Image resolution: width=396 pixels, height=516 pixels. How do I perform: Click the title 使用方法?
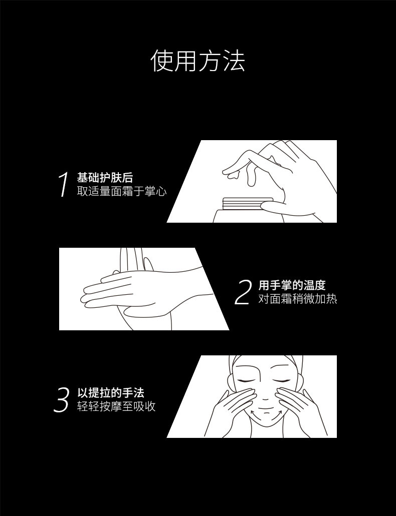tap(198, 61)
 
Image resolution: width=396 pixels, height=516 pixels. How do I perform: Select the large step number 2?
tap(243, 292)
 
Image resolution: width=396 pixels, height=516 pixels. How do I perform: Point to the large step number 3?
tap(61, 400)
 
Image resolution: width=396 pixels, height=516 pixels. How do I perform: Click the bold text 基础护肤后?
tap(105, 178)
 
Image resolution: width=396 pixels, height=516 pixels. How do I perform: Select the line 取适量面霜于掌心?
tap(122, 192)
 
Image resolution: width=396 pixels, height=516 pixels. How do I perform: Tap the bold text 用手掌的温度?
tap(292, 285)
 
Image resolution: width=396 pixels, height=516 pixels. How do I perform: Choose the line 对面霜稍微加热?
tap(297, 299)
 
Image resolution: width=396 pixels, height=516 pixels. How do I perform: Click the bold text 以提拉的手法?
tap(111, 393)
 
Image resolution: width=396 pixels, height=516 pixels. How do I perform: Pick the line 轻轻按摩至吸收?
tap(116, 406)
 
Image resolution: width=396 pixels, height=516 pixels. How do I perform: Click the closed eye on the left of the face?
tap(246, 380)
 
